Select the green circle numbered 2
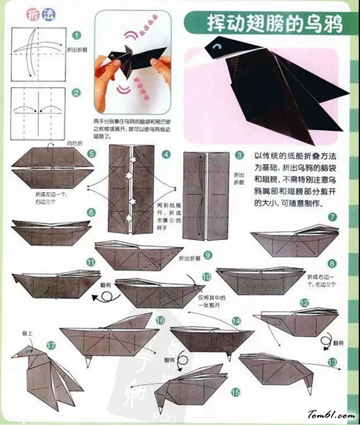click(x=77, y=93)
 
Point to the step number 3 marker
click(x=240, y=156)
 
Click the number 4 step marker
click(x=166, y=155)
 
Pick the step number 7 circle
click(x=333, y=217)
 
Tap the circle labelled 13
click(x=332, y=361)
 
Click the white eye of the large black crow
click(x=218, y=47)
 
